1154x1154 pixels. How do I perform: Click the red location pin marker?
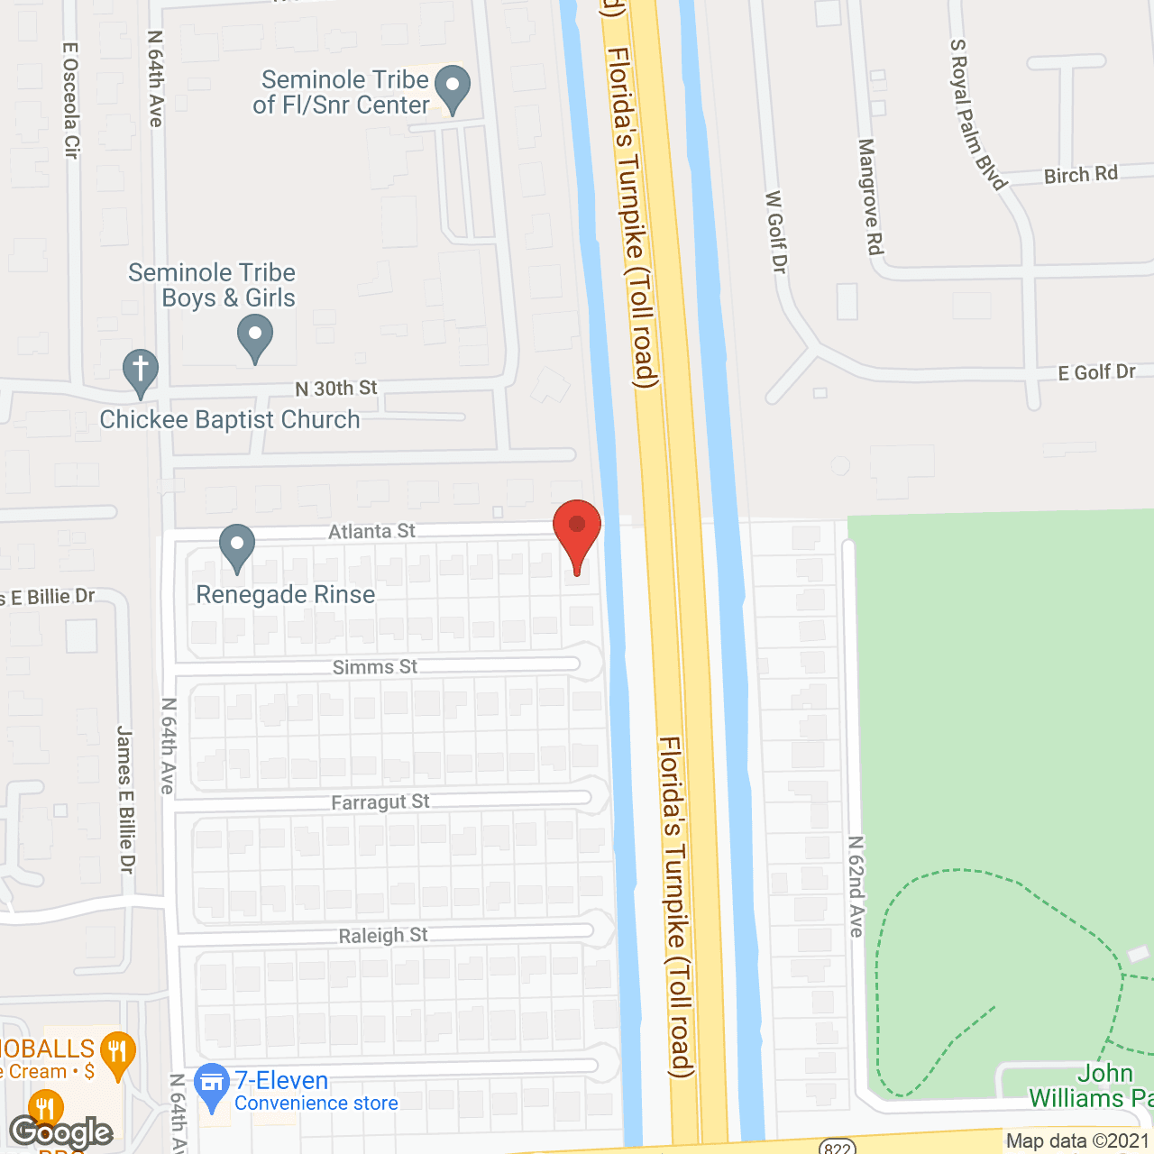click(577, 532)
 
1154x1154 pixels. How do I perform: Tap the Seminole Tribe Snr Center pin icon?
click(453, 88)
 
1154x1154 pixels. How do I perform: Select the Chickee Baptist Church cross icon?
click(140, 371)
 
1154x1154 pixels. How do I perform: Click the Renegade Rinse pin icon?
click(237, 546)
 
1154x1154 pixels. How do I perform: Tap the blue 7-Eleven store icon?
click(213, 1085)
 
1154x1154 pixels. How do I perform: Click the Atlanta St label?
click(371, 532)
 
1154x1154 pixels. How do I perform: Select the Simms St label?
click(375, 667)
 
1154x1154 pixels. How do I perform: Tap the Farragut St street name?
click(380, 802)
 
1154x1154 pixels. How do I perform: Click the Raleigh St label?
click(383, 936)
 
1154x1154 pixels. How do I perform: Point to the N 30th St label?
click(336, 389)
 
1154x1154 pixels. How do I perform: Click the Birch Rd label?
click(1080, 175)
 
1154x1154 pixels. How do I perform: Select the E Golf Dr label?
click(1096, 372)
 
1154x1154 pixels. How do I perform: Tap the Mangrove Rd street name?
click(870, 196)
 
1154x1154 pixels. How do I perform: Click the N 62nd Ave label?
click(856, 886)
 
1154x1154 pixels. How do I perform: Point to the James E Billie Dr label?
click(125, 799)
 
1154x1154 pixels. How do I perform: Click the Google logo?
click(61, 1132)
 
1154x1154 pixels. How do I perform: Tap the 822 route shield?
click(838, 1147)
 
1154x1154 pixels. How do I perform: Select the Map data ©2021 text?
click(1077, 1141)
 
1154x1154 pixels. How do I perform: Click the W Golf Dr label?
click(775, 231)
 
